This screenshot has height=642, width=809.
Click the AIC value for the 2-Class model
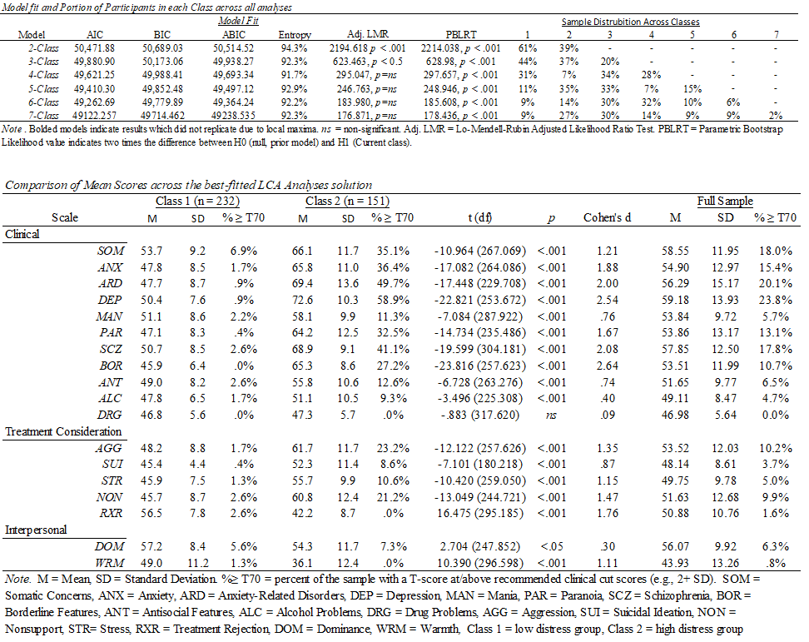[87, 50]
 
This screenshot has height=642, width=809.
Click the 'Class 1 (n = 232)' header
[195, 202]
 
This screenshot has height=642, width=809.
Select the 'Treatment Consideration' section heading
[64, 431]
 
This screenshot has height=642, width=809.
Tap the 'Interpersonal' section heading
[37, 530]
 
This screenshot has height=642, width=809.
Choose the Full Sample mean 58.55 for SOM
[681, 249]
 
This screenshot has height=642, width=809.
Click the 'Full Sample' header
[725, 202]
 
